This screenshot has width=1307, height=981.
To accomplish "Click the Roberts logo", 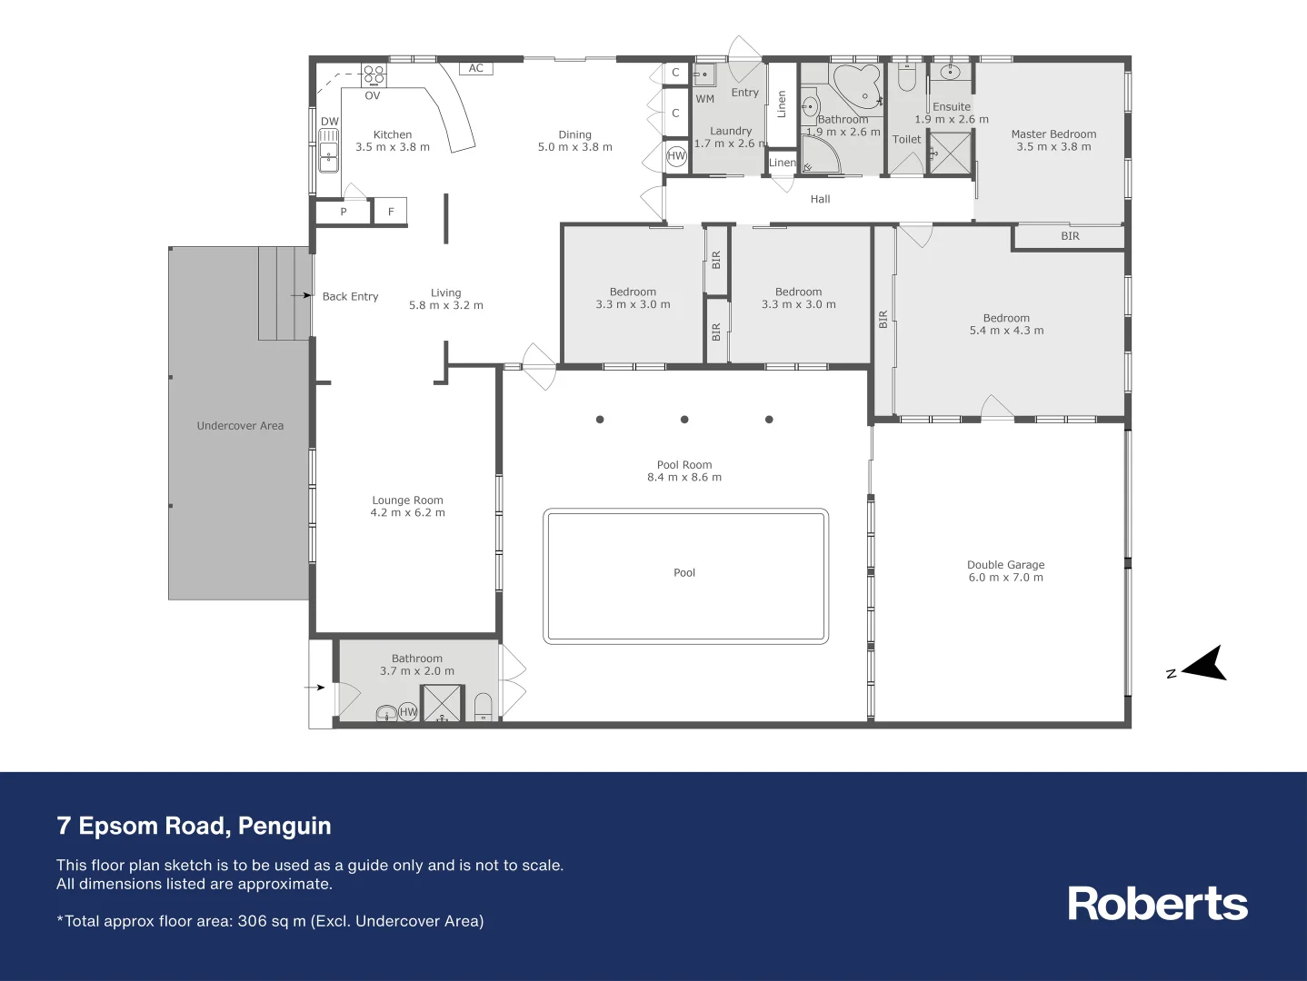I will coord(1157,904).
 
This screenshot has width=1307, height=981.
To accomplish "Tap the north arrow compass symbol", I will coord(1204,665).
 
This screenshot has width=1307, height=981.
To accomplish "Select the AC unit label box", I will coord(475,68).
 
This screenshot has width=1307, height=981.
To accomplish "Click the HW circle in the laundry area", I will coord(676,155).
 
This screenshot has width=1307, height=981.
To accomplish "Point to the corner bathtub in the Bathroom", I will coord(857,85).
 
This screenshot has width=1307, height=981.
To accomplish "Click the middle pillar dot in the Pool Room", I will coord(684,420).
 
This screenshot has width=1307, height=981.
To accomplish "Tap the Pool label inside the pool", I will coord(684,573).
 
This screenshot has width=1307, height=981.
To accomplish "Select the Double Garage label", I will coord(1005,565).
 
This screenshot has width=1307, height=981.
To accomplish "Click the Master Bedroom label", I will coord(1053,134).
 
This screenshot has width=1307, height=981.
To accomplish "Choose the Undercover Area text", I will coord(240,426).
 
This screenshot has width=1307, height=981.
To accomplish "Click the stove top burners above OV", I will coord(374,75).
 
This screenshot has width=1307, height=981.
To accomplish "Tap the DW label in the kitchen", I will coord(329,122).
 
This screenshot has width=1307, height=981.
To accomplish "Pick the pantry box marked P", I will coord(344,212).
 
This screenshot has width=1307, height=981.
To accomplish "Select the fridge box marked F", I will coord(391,212).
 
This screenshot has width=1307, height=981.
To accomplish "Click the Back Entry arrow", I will coord(301,296).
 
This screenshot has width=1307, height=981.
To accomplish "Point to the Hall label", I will coord(820,199).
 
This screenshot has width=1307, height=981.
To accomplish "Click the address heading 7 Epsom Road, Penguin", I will coord(194,826).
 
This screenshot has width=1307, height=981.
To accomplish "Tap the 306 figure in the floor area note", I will coord(252,921).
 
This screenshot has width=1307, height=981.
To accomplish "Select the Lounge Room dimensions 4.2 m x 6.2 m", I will coord(407,513).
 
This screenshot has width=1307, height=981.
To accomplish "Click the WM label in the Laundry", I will coord(705,99).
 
